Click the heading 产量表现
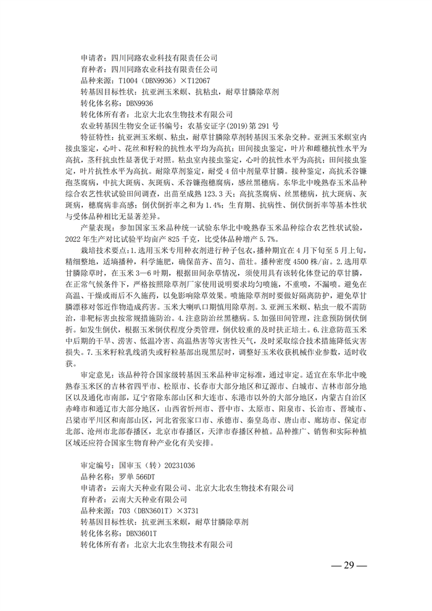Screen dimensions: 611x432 tap(96, 229)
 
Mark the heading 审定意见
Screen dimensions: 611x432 tap(96, 375)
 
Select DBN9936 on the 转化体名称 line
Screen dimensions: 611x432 tap(139, 103)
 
